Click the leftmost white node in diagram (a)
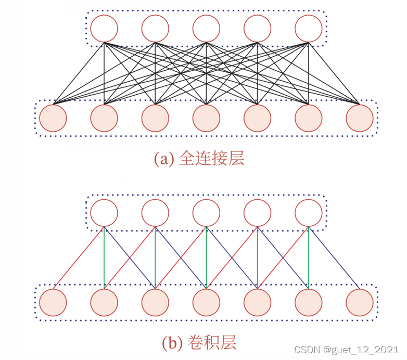[x=104, y=29]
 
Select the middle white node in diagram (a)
[x=207, y=29]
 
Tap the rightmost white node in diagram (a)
[x=309, y=29]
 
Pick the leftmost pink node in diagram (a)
[x=53, y=118]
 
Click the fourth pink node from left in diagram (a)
[x=207, y=118]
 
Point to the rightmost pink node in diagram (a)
[x=360, y=118]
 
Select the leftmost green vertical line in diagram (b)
[x=105, y=258]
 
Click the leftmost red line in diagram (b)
[x=79, y=258]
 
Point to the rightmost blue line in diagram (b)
[x=334, y=258]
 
